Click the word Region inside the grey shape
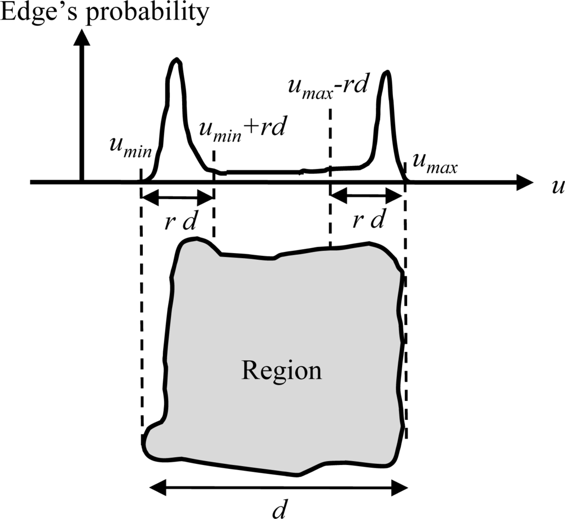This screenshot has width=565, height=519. click(281, 371)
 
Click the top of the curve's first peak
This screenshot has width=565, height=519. click(176, 60)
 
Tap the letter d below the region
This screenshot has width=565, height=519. click(280, 508)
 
